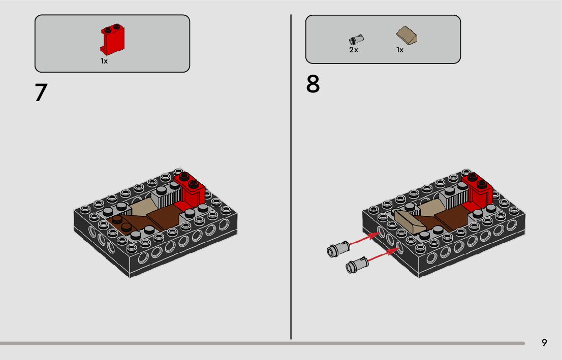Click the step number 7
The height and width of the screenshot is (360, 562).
41,92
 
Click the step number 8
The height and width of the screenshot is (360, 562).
313,84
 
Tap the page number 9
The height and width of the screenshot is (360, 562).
544,342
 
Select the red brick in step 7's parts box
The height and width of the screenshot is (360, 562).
112,39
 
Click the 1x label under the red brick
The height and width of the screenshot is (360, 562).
104,61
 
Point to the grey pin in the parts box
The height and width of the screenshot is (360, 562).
356,40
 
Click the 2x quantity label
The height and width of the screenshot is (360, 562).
353,50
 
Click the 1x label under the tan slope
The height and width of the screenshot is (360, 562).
399,50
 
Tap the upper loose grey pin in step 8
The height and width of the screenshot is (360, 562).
338,248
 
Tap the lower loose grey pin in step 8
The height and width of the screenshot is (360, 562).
357,265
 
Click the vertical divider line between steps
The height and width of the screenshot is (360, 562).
291,177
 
